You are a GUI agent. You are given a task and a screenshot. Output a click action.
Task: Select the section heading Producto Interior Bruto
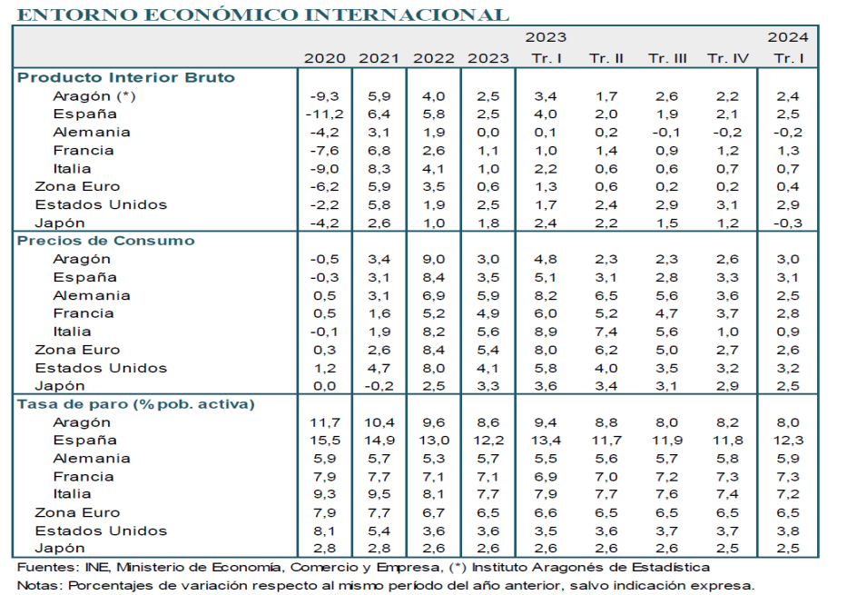point(126,77)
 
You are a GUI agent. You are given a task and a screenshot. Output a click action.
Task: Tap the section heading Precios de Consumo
point(106,241)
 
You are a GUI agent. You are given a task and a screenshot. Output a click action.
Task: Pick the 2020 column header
point(325,58)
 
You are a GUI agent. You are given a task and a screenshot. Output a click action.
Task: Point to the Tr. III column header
point(667,58)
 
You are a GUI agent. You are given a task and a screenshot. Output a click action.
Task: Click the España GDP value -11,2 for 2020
point(327,114)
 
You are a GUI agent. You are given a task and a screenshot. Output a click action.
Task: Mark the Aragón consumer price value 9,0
point(434,259)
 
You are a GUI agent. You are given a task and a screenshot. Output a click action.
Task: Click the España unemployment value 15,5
point(327,441)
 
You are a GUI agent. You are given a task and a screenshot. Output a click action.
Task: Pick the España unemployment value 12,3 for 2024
point(787,441)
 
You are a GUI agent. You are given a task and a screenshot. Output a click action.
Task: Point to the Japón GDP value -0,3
point(786,223)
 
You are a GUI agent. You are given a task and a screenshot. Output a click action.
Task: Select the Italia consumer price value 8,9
point(546,332)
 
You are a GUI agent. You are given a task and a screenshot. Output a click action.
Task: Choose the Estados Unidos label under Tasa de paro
point(101,531)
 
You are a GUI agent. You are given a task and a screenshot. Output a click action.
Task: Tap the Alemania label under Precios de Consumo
point(92,295)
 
